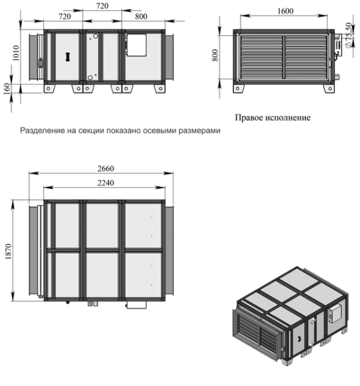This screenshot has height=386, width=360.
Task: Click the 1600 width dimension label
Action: pos(285,11)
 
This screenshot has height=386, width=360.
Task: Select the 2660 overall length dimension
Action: pos(106,169)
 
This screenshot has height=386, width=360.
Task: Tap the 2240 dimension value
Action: pos(106,183)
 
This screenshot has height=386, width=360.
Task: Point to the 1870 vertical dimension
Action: pos(8,252)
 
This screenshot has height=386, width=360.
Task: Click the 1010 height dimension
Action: pos(15,53)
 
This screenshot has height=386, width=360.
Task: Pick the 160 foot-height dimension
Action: pos(7,88)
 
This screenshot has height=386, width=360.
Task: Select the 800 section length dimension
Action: pos(141,17)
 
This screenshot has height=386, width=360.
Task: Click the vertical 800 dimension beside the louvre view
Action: pos(215,55)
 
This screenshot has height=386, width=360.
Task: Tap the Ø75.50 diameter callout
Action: pos(348,35)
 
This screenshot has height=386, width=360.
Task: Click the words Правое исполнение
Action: pos(273,118)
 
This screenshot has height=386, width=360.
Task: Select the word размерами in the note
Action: pos(199,131)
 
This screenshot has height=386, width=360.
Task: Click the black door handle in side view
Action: pos(67,57)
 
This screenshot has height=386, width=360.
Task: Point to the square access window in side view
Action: pos(136,46)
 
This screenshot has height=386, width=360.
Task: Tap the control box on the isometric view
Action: pos(336,314)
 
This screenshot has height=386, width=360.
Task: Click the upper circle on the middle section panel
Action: pos(95,36)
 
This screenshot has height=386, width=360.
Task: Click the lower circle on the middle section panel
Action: pos(90,78)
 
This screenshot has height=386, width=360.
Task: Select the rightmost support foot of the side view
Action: pos(159,88)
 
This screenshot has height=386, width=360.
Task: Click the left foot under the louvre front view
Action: pos(239,88)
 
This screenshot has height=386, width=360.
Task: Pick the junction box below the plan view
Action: pos(136,305)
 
